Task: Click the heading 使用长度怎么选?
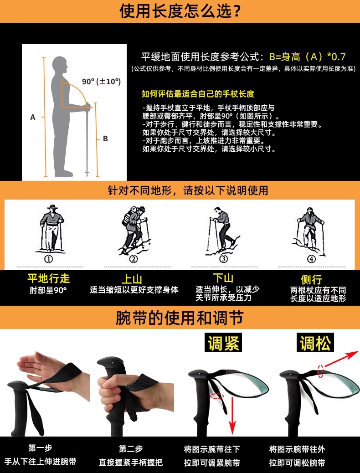(180, 11)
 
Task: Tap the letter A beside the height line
(33, 118)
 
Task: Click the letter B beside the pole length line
(105, 139)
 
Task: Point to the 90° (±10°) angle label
(101, 82)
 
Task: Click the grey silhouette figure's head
(60, 64)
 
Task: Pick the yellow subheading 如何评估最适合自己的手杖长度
(198, 94)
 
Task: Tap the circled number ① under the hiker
(49, 259)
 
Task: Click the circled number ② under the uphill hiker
(134, 259)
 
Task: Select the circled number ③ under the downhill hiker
(223, 259)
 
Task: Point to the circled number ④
(311, 259)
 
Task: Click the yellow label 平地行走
(49, 278)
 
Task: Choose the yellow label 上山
(132, 279)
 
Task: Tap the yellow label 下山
(223, 278)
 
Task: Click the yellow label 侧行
(311, 280)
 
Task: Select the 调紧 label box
(223, 342)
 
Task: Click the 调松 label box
(315, 342)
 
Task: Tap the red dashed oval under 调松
(320, 371)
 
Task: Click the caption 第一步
(40, 448)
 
